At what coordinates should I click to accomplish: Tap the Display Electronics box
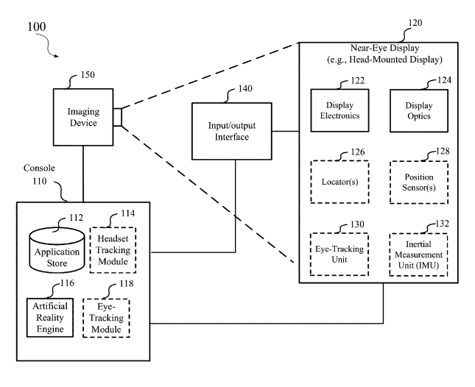point(338,110)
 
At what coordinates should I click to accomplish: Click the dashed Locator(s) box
point(339,181)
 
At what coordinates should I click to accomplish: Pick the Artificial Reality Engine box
point(50,316)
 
